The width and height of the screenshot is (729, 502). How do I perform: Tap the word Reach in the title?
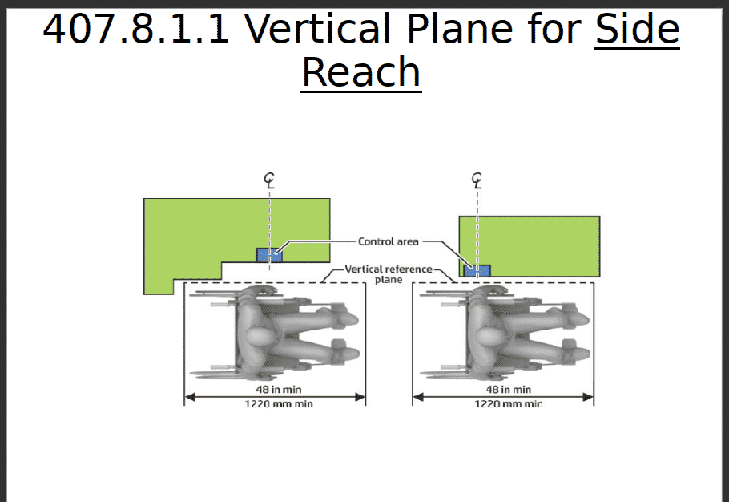click(x=360, y=72)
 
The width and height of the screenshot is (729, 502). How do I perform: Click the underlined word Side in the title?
click(x=637, y=30)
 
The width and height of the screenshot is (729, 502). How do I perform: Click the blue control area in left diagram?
click(x=269, y=255)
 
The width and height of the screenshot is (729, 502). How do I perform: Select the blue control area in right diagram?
click(x=477, y=270)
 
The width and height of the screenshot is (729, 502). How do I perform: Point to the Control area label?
click(x=388, y=241)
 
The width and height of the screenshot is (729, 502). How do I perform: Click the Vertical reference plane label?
click(x=389, y=273)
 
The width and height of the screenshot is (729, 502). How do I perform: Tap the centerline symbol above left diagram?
click(x=269, y=181)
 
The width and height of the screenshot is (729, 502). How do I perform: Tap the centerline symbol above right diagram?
click(x=477, y=181)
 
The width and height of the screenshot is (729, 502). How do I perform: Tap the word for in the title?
click(x=550, y=30)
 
